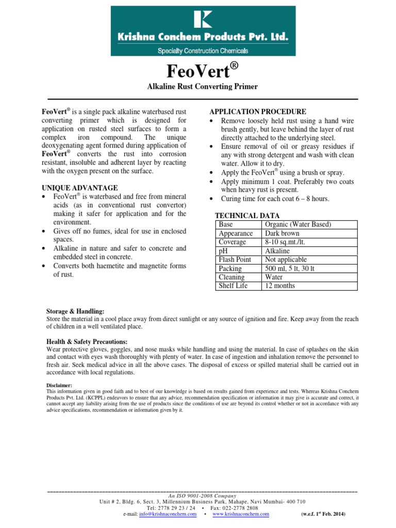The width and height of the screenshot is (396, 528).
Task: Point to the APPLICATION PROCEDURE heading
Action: pos(257,112)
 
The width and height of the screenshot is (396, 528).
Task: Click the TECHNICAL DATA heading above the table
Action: pos(247,216)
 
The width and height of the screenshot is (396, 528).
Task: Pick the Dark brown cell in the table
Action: pos(282,233)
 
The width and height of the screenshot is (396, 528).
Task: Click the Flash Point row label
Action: pos(235,259)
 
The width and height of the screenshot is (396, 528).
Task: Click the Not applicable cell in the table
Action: pos(286,259)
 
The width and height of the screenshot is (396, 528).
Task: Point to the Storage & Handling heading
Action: pos(75,311)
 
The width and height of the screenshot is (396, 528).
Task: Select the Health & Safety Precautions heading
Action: pos(87,341)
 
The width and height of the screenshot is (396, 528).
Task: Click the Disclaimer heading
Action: pos(59,385)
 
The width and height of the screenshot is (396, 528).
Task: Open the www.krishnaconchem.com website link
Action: pos(240,514)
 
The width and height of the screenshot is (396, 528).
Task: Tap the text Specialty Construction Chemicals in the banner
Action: pos(202,51)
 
